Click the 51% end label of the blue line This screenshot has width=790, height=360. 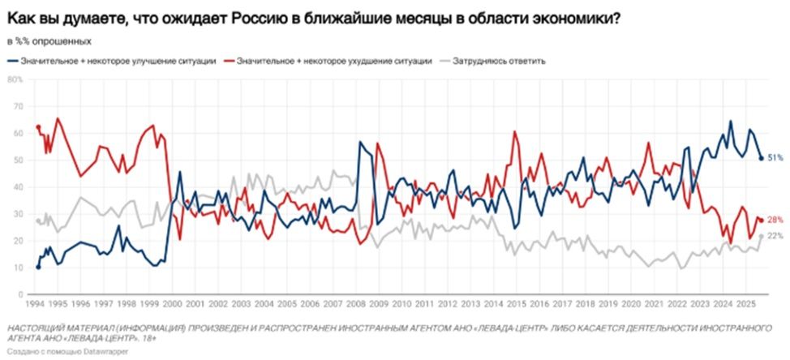[774, 157]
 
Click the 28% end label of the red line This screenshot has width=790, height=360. [774, 220]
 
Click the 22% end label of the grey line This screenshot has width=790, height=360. [774, 235]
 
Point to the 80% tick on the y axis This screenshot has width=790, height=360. [15, 79]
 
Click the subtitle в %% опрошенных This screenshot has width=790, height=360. [49, 41]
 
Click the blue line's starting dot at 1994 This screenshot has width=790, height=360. [37, 267]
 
